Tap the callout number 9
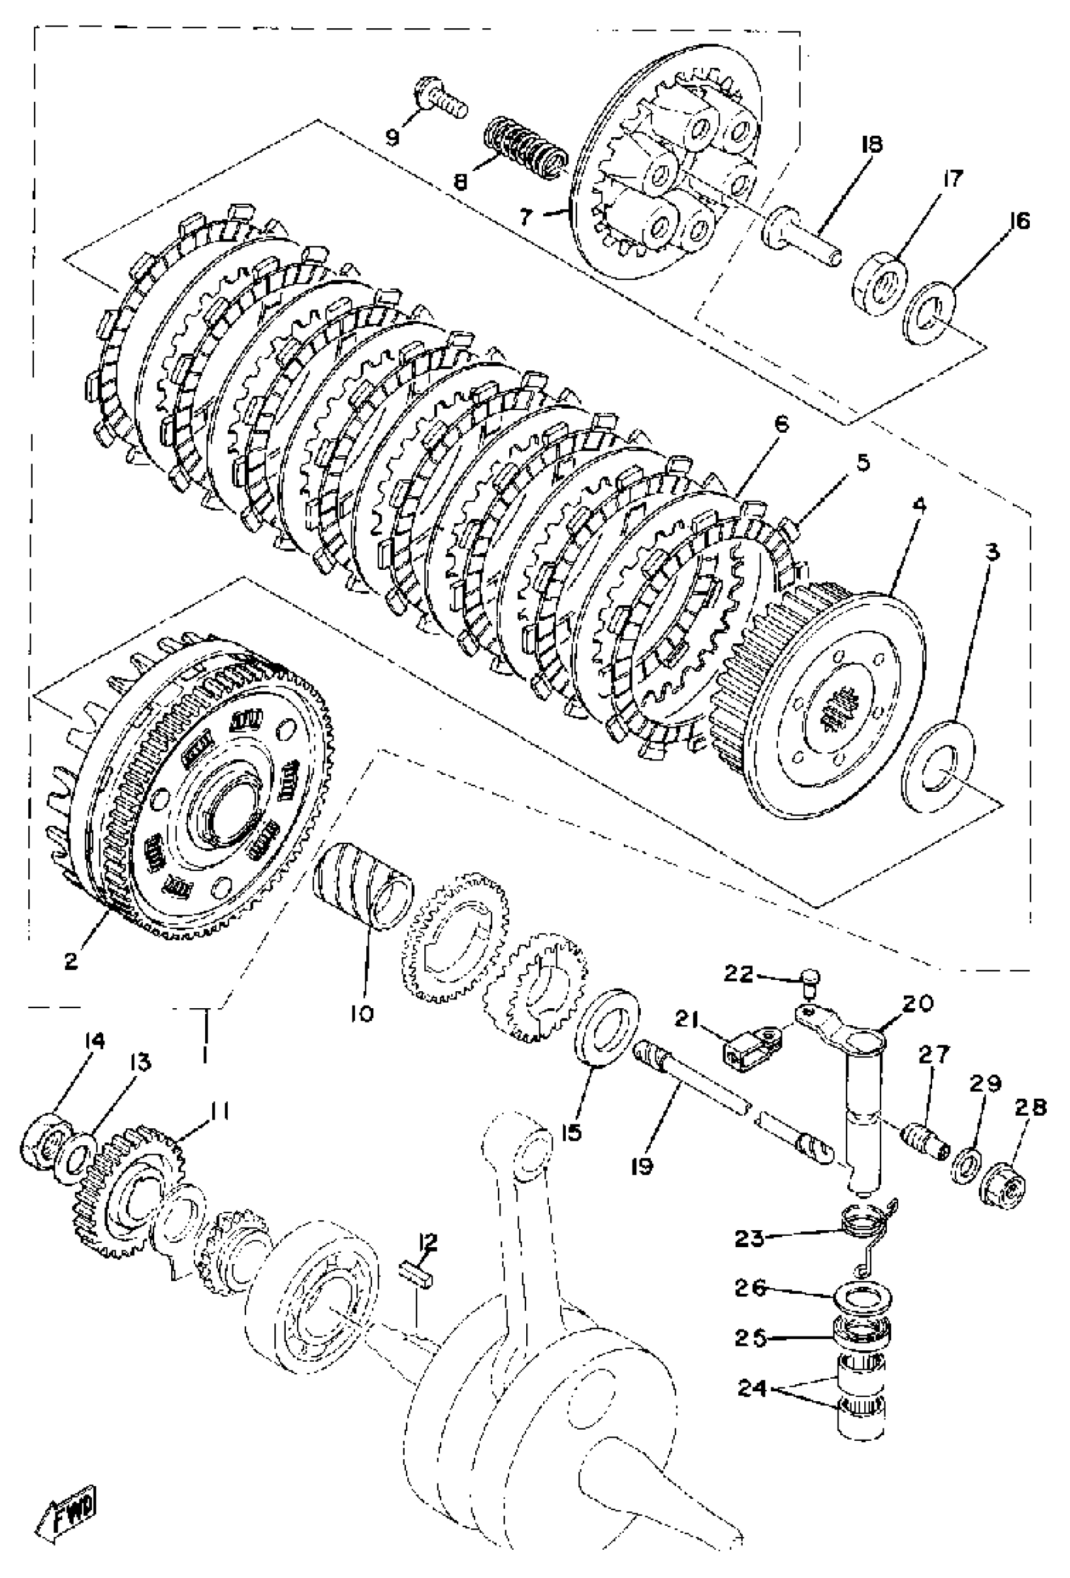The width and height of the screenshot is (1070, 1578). click(x=393, y=137)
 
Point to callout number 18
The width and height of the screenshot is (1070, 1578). click(x=871, y=145)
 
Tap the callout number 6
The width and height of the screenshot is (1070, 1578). click(x=780, y=425)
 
